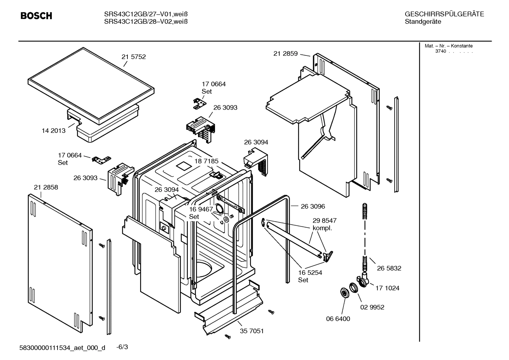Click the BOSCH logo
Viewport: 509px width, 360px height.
point(36,16)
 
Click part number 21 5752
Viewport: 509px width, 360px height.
point(133,57)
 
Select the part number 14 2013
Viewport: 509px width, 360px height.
point(54,131)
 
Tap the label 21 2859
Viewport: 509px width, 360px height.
point(286,54)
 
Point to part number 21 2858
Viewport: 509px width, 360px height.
point(46,187)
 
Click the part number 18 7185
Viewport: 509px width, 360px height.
point(206,161)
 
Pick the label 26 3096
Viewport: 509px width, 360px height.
point(313,206)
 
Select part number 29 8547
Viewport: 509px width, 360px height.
point(324,220)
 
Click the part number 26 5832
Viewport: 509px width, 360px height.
point(389,268)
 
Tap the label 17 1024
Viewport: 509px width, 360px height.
point(387,288)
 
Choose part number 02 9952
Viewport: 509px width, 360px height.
point(372,307)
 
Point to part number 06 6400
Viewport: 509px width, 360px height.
point(338,319)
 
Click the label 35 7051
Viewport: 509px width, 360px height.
point(252,331)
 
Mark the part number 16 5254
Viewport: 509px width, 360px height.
point(310,273)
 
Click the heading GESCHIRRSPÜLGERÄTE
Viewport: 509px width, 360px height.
point(444,14)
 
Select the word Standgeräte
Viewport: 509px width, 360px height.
point(423,22)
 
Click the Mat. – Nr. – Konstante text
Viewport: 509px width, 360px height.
point(448,46)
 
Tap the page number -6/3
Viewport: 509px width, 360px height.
point(122,347)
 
